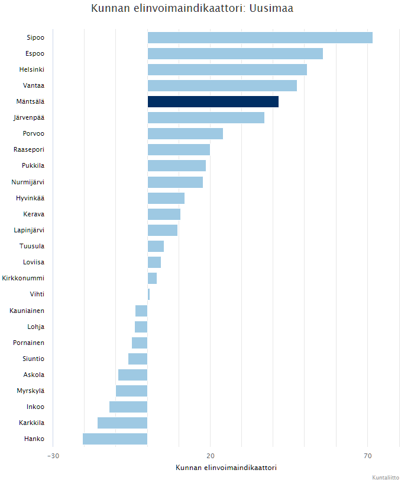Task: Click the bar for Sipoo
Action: click(260, 37)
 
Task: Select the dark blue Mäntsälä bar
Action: click(213, 101)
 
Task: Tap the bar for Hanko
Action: click(115, 439)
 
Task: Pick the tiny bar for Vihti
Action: click(148, 294)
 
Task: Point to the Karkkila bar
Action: click(122, 423)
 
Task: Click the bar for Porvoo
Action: click(185, 133)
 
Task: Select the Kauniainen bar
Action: click(141, 311)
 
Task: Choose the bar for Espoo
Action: click(235, 53)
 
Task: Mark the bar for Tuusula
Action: click(156, 246)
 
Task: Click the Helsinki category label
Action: click(31, 69)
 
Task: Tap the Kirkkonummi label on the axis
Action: click(23, 278)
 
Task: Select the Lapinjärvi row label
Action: click(29, 230)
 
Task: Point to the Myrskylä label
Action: click(30, 391)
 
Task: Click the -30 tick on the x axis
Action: click(53, 456)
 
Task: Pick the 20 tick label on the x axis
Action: click(210, 456)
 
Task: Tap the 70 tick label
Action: click(367, 456)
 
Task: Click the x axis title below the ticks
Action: click(226, 468)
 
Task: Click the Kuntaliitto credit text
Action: click(385, 478)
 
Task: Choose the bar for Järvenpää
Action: click(206, 117)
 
